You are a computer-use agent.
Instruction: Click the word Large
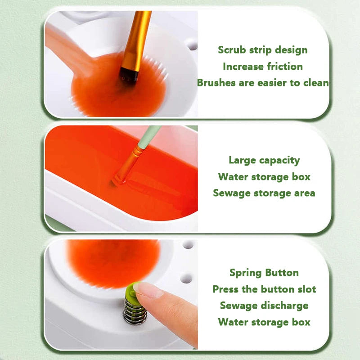click(242, 160)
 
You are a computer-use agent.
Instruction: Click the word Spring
click(246, 273)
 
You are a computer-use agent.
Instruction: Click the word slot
click(307, 289)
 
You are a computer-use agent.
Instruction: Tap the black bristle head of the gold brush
click(129, 75)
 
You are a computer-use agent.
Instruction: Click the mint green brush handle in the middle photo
click(149, 137)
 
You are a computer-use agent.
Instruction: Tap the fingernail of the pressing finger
click(147, 290)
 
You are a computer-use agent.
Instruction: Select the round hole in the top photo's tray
click(192, 44)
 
